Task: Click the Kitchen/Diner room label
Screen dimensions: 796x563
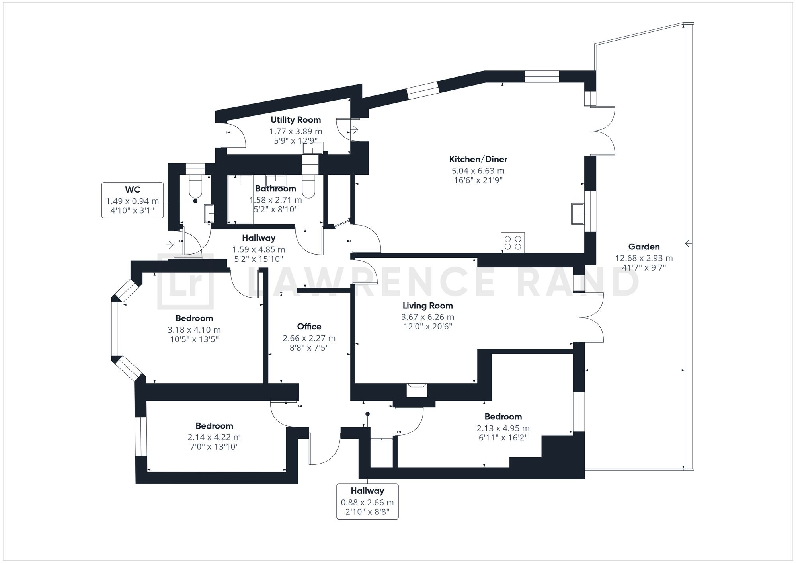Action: point(478,160)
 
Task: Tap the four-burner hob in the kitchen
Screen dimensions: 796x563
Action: point(513,243)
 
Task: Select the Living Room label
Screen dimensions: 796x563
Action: point(427,306)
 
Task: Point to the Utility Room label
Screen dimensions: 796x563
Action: point(296,120)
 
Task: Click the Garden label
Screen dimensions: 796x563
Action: point(644,247)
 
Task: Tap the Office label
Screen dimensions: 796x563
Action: point(309,327)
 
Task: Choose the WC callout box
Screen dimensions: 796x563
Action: point(133,200)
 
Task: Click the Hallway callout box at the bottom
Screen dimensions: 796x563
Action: point(367,501)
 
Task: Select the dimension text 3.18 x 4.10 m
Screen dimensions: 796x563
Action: point(194,330)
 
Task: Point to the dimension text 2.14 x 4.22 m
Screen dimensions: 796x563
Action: point(214,437)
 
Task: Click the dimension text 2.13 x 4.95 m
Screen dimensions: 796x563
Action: point(503,428)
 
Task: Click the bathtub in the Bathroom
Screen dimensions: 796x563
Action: point(240,199)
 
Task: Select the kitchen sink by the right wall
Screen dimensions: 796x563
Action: point(577,214)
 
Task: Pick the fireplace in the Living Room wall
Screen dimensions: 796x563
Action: point(417,390)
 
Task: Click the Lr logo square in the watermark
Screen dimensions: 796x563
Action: point(185,281)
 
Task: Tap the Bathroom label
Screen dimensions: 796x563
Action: point(275,189)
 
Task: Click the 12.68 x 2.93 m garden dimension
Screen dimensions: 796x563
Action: point(644,258)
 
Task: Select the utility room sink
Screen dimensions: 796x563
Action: point(312,148)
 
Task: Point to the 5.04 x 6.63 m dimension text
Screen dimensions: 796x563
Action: point(478,171)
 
